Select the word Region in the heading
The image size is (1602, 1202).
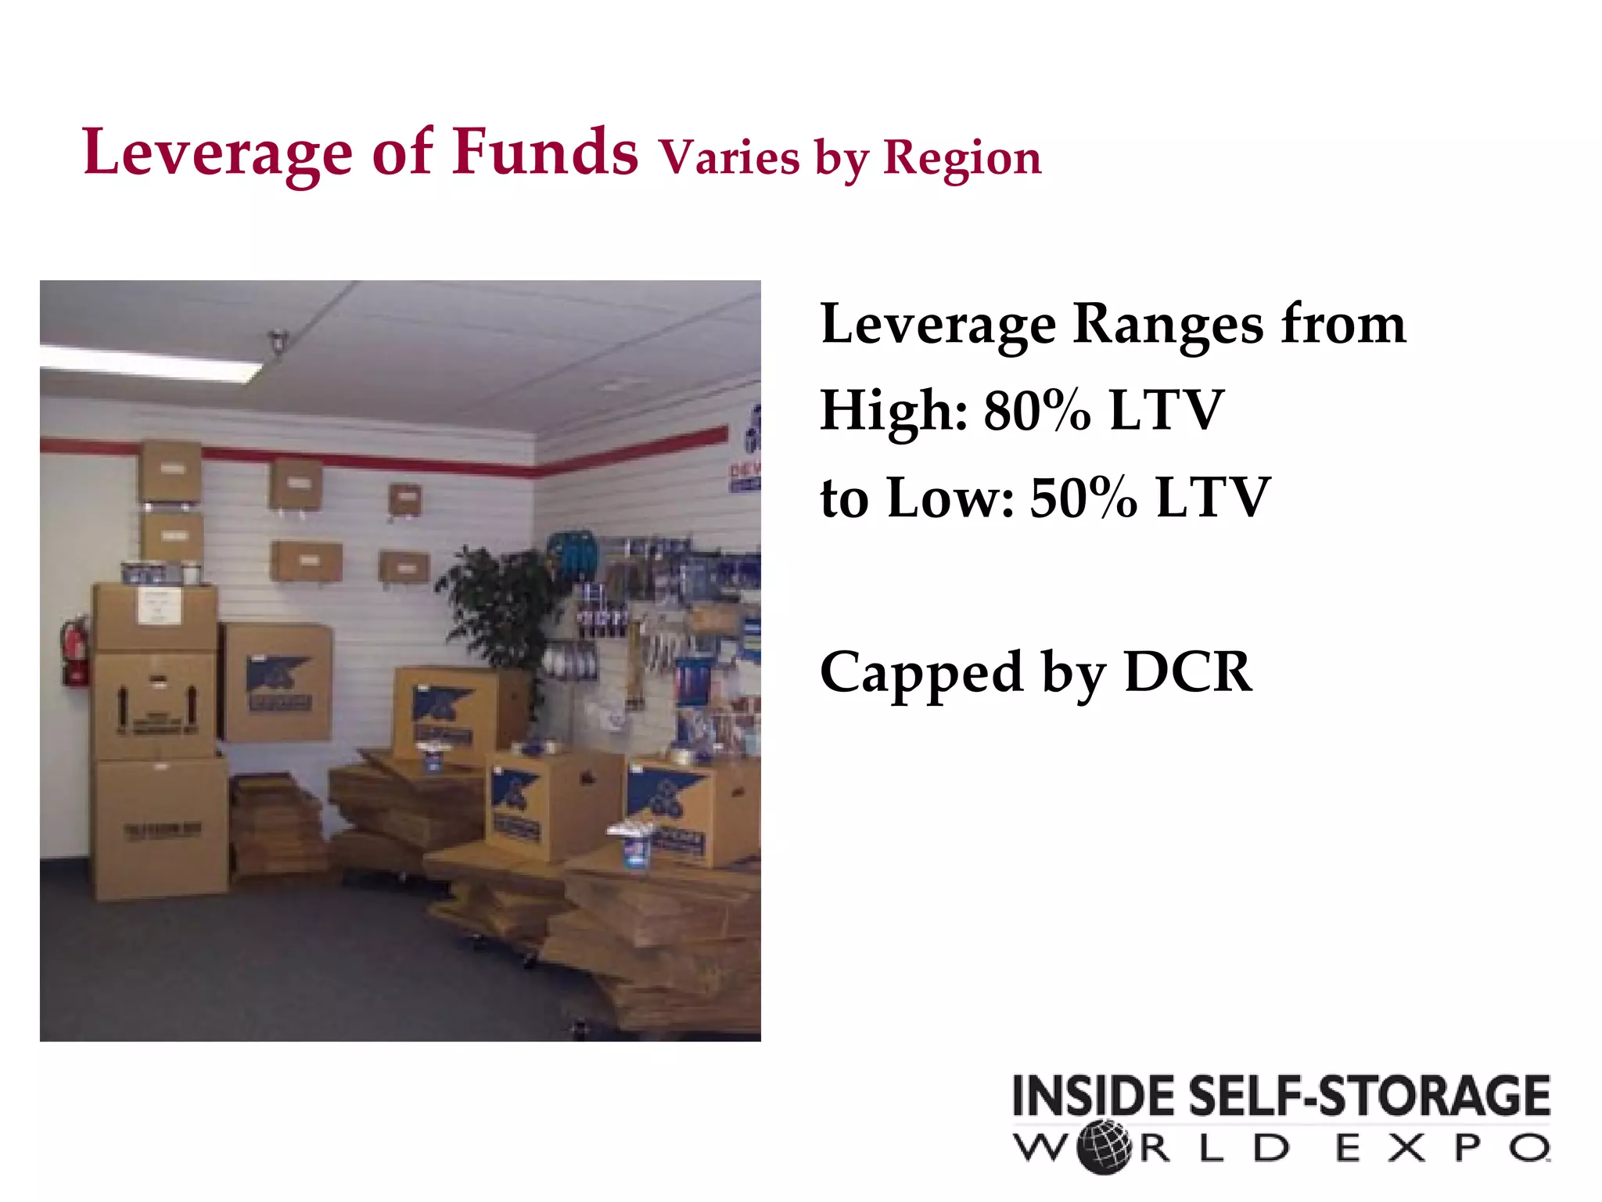click(962, 159)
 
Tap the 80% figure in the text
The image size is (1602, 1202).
click(1036, 410)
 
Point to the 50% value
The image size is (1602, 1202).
click(1083, 498)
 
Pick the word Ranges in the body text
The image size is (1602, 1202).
click(1168, 324)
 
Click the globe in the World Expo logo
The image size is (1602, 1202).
click(1104, 1148)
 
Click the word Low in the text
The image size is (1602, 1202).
click(951, 498)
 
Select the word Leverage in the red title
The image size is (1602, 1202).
click(217, 153)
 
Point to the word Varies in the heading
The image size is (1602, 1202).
click(730, 157)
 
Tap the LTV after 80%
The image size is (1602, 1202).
click(1166, 410)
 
